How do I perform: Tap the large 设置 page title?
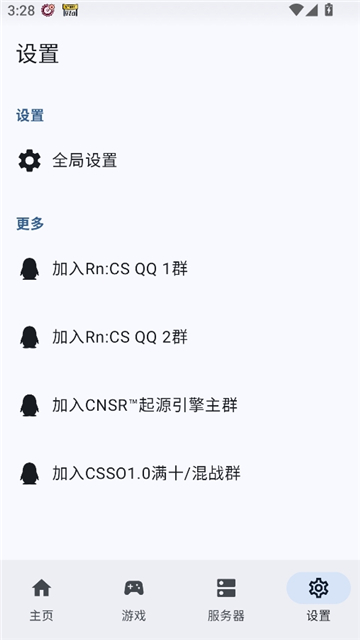coord(37,54)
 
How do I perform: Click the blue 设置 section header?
coord(30,115)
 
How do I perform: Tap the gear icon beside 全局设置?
coord(30,160)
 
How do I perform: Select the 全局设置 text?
coord(84,160)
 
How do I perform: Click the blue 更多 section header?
coord(30,223)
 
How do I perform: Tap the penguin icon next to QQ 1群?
coord(30,268)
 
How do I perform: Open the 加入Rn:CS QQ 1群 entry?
coord(120,268)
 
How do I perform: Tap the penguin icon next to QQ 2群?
coord(30,337)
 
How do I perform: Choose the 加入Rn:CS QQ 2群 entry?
coord(120,337)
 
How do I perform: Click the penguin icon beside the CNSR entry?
coord(30,405)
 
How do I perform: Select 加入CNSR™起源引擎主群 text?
coord(144,405)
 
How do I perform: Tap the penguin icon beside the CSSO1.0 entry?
coord(30,473)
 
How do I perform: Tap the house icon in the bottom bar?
coord(41,588)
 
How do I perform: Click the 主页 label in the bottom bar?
coord(41,615)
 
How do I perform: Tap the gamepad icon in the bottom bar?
coord(134,588)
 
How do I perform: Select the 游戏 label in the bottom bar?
coord(134,615)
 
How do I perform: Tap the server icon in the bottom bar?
coord(226,588)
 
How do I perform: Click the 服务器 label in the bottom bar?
coord(226,615)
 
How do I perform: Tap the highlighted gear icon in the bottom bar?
coord(318,588)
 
